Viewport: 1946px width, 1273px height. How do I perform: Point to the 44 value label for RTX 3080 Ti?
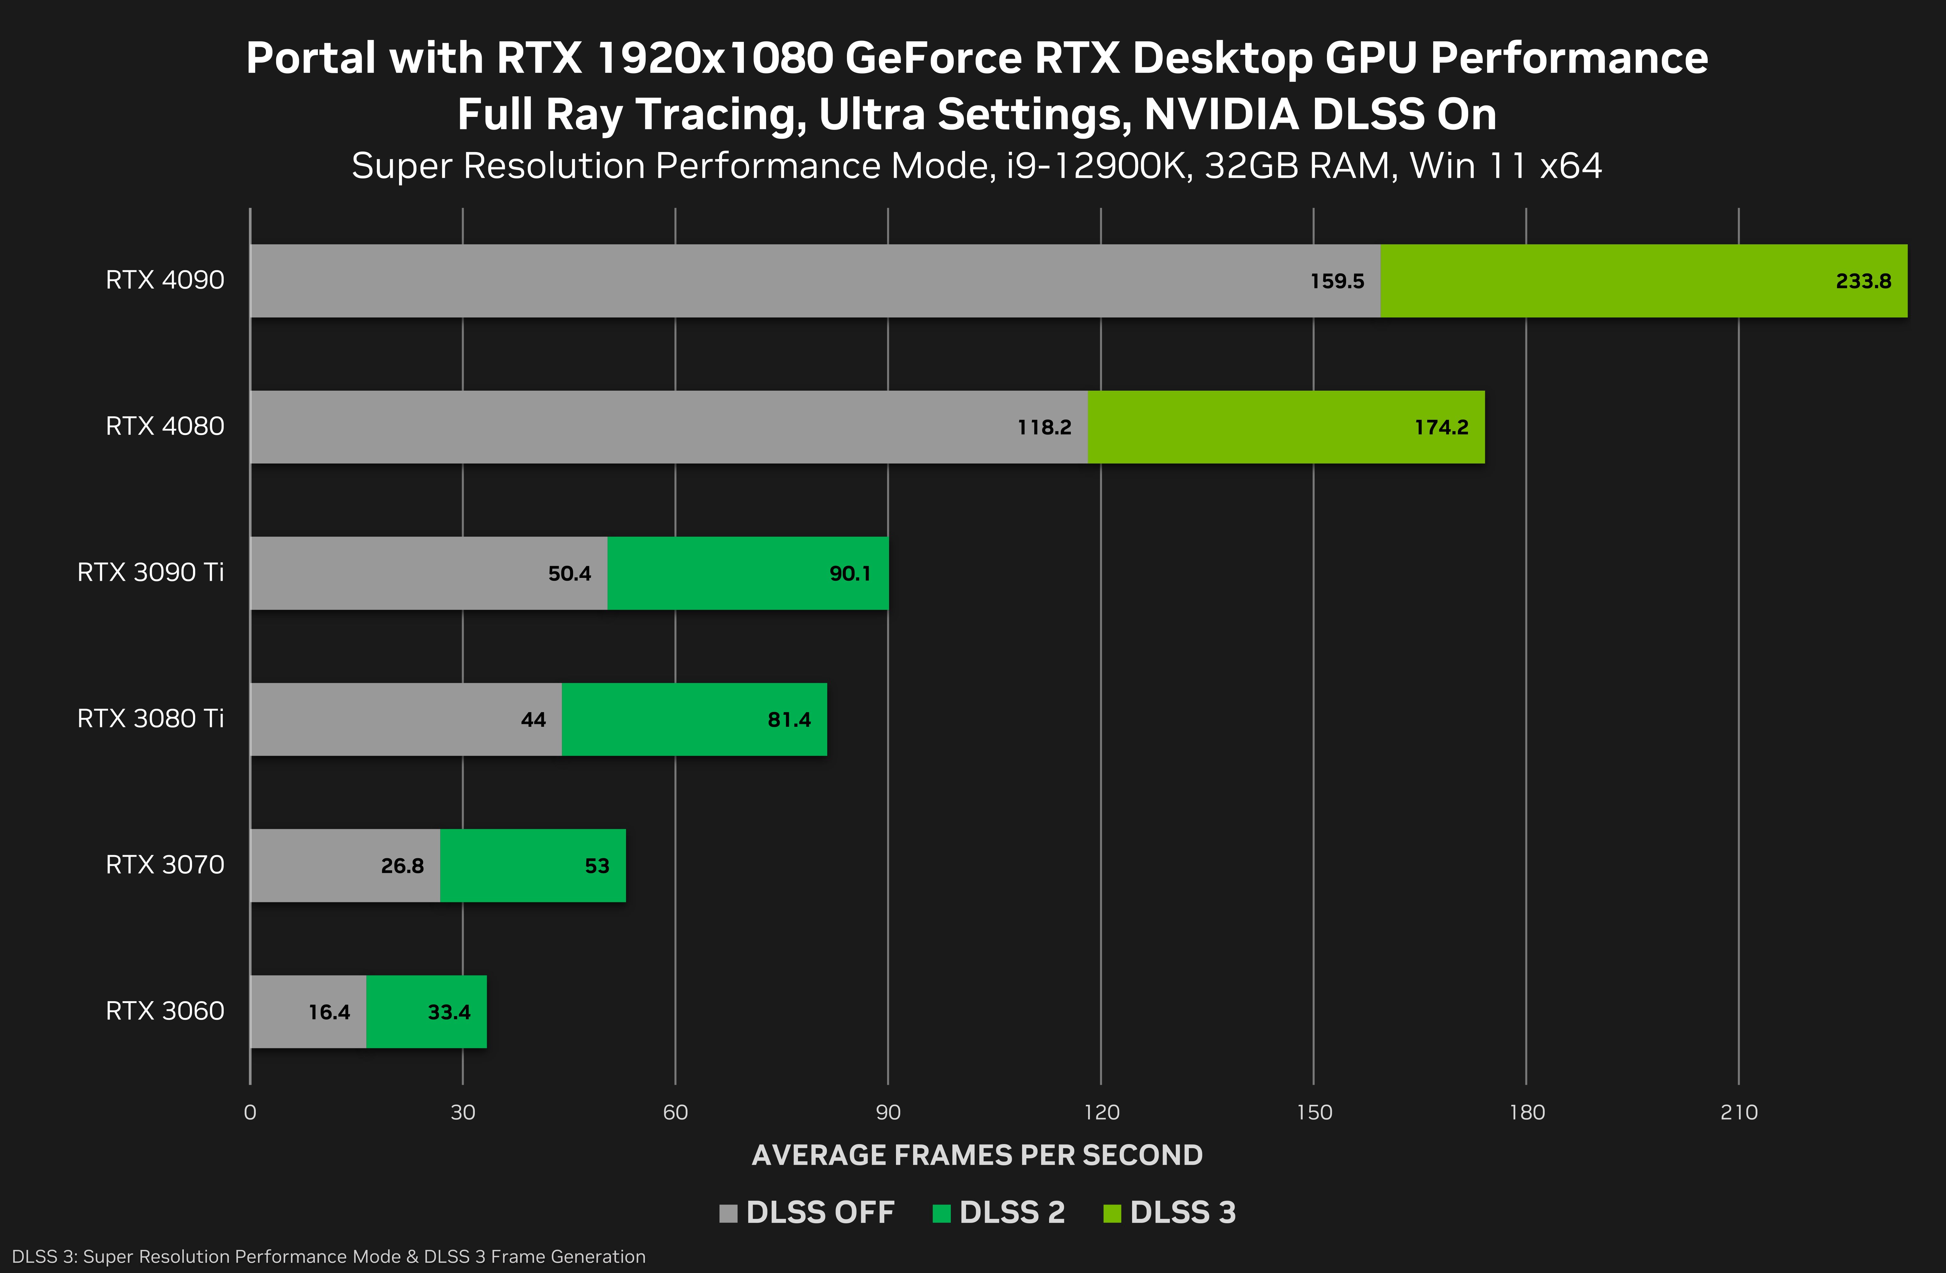pyautogui.click(x=533, y=720)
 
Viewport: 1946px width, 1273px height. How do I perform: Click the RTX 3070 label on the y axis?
pyautogui.click(x=164, y=865)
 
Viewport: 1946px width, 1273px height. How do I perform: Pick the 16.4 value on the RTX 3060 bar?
pyautogui.click(x=329, y=1012)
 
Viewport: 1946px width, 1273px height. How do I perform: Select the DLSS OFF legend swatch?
pyautogui.click(x=728, y=1213)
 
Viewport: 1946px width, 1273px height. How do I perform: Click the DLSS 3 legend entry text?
pyautogui.click(x=1182, y=1212)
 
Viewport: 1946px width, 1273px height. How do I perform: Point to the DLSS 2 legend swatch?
pyautogui.click(x=941, y=1213)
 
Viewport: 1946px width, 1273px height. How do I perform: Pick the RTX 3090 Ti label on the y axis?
pyautogui.click(x=151, y=572)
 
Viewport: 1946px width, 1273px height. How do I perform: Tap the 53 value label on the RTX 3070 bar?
pyautogui.click(x=597, y=866)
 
